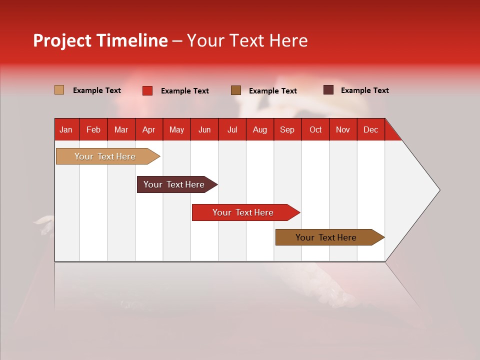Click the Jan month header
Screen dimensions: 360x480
66,129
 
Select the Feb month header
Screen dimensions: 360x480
93,129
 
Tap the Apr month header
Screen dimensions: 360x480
148,129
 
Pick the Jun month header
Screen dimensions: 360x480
204,129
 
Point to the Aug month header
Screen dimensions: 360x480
259,129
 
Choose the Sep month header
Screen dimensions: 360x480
287,129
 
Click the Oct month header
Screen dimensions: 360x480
315,129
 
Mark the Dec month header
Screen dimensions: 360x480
370,129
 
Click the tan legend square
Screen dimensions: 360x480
59,90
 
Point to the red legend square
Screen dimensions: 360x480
147,90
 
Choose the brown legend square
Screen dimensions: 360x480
236,90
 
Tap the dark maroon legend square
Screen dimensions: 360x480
328,90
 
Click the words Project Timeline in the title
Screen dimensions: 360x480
100,40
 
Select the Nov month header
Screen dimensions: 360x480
343,129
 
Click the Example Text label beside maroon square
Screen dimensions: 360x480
364,90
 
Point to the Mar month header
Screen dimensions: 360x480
121,129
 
